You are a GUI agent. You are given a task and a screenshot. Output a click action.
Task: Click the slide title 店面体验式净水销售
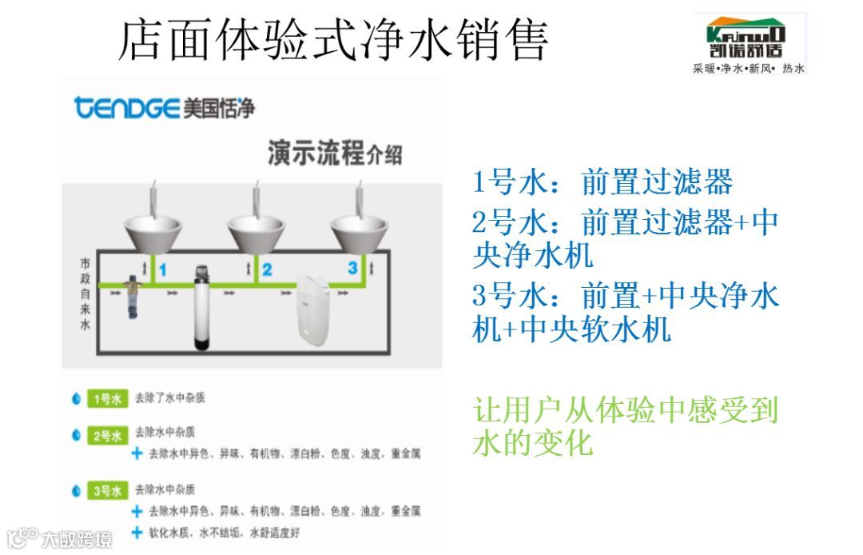(333, 39)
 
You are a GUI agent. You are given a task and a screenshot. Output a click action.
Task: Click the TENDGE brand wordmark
(126, 107)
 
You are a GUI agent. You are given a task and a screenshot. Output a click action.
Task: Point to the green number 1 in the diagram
(162, 270)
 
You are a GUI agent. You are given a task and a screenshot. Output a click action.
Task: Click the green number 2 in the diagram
(267, 270)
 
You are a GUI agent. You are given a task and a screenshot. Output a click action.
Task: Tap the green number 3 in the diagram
(352, 268)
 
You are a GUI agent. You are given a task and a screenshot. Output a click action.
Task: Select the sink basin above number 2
(257, 230)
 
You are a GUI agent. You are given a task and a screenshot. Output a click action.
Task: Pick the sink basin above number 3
(360, 230)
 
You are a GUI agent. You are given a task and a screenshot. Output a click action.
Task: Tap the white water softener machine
(313, 310)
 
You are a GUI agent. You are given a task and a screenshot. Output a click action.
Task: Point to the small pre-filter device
(134, 297)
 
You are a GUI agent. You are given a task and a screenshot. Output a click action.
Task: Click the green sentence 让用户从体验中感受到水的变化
(626, 426)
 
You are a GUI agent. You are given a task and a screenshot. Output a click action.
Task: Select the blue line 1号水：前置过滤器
(603, 183)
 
